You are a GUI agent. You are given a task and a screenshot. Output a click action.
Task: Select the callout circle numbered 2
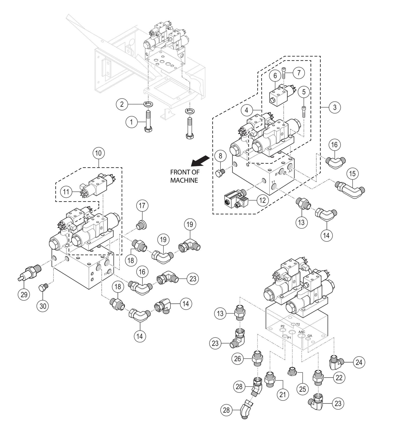point(122,104)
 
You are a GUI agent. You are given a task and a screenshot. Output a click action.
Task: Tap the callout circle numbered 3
point(335,107)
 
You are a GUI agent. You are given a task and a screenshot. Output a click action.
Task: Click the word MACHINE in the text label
point(184,180)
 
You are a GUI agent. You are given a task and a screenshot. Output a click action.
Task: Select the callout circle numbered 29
point(24,294)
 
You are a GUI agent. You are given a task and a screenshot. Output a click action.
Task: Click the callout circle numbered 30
point(43,306)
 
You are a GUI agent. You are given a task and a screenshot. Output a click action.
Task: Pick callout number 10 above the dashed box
point(98,153)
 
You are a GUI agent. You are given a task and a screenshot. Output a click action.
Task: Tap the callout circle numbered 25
point(302,389)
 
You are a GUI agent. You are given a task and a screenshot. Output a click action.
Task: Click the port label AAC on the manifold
point(302,332)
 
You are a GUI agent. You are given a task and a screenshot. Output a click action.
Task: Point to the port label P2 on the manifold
point(283,326)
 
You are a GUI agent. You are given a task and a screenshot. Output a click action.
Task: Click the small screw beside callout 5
point(304,111)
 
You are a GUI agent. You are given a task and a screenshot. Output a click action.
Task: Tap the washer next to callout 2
point(148,104)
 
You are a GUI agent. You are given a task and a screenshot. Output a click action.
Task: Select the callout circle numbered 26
point(237,359)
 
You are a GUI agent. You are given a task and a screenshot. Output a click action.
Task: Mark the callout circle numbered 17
point(142,205)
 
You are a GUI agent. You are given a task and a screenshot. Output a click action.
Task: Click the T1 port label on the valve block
point(274,182)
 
